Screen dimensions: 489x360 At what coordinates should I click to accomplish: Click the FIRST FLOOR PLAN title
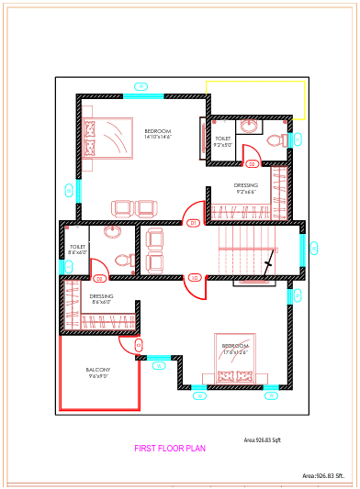pyautogui.click(x=170, y=449)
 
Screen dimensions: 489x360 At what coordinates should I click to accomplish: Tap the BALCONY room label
pyautogui.click(x=98, y=372)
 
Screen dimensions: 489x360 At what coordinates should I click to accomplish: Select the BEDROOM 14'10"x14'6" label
pyautogui.click(x=158, y=134)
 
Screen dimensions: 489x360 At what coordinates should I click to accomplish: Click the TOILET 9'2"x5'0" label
pyautogui.click(x=223, y=142)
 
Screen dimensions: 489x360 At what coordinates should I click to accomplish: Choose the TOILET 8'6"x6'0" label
pyautogui.click(x=77, y=249)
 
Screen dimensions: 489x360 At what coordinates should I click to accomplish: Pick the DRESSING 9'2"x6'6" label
pyautogui.click(x=246, y=188)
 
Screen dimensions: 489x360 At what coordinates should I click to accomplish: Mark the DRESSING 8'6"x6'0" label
pyautogui.click(x=101, y=299)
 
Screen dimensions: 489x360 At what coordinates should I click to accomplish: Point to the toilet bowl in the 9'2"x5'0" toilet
pyautogui.click(x=273, y=140)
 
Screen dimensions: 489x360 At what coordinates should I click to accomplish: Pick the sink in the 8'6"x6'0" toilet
pyautogui.click(x=111, y=232)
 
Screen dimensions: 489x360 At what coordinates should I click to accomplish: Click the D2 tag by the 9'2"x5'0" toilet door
pyautogui.click(x=252, y=164)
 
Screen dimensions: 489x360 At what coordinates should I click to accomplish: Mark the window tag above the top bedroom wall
pyautogui.click(x=141, y=86)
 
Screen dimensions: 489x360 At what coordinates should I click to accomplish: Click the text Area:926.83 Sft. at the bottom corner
pyautogui.click(x=329, y=476)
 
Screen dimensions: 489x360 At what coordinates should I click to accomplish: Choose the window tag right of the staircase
pyautogui.click(x=314, y=248)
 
